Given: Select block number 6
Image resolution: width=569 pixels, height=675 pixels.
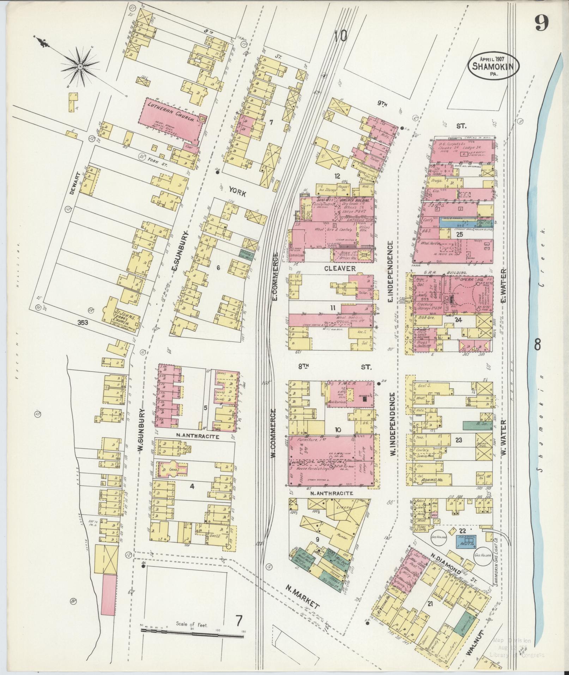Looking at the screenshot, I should click(x=218, y=268).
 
